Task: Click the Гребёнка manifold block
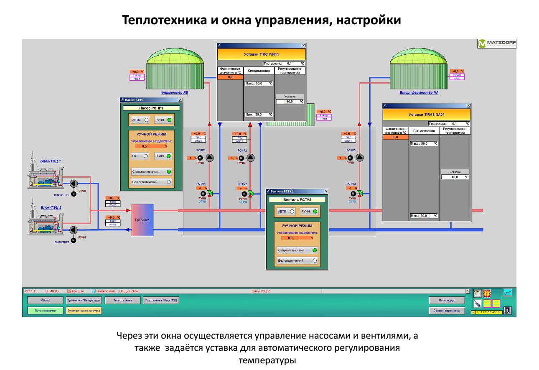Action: tap(142, 219)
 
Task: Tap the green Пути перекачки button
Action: tap(41, 311)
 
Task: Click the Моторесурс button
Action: tap(447, 300)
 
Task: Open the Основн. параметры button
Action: tap(447, 311)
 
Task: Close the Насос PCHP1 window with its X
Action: tap(180, 100)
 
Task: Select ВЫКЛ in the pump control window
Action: tap(163, 156)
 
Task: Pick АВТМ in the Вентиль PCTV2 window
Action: tap(287, 212)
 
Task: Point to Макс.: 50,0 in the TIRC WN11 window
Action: tap(258, 84)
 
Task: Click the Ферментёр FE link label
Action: tap(174, 93)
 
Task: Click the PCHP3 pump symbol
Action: tap(360, 157)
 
